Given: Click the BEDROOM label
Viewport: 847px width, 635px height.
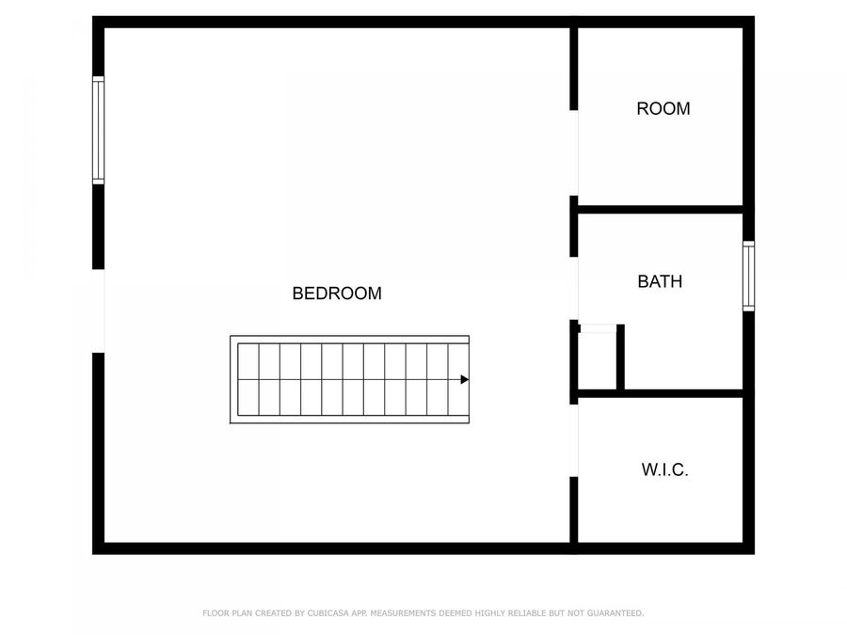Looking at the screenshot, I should [x=337, y=294].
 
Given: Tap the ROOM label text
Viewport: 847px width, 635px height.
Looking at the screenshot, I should [x=663, y=109].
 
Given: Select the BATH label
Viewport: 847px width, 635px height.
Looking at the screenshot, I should [x=660, y=281].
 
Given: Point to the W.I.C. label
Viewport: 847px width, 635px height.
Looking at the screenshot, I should [x=664, y=469].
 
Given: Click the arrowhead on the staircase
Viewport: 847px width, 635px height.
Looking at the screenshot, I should [x=464, y=380].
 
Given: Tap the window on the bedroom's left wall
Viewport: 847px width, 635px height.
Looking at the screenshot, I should [x=98, y=130].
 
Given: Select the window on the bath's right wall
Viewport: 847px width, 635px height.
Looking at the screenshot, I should [x=748, y=276].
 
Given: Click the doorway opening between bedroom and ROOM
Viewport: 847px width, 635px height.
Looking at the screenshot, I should [x=574, y=153].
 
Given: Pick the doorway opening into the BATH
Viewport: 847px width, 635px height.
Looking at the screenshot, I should [x=574, y=288].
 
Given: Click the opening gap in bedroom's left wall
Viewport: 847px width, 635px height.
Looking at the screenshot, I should [x=98, y=311].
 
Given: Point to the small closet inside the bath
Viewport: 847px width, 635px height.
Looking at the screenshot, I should [x=597, y=359].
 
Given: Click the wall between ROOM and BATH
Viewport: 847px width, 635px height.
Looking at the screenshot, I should [x=659, y=210].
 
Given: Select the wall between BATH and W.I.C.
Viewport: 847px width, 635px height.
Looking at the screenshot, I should [x=682, y=393].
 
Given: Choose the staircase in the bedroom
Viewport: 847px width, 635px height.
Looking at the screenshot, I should [x=350, y=380].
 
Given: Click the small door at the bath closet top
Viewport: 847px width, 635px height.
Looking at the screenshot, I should [x=597, y=328].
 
